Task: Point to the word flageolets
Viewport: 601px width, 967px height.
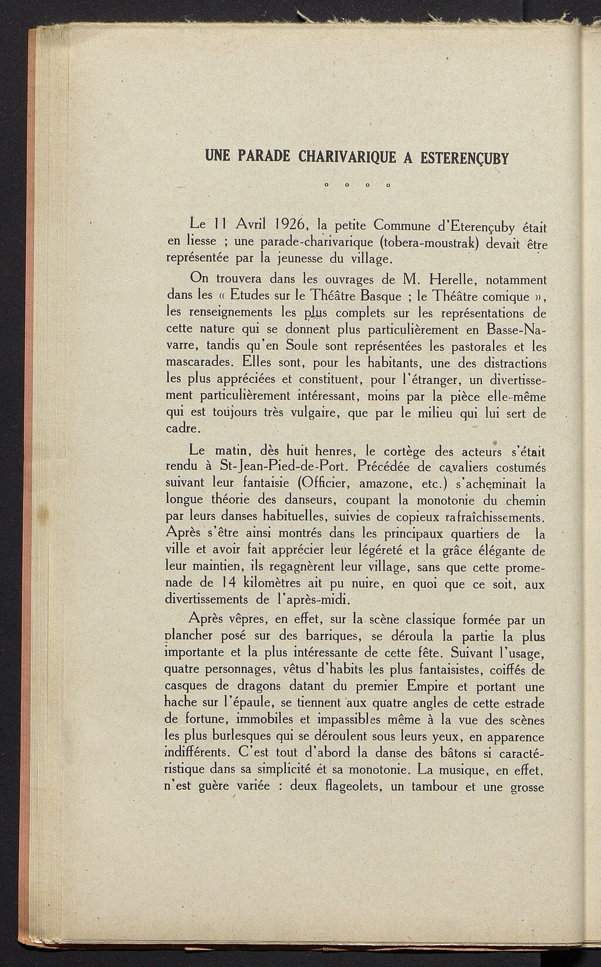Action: tap(348, 787)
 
